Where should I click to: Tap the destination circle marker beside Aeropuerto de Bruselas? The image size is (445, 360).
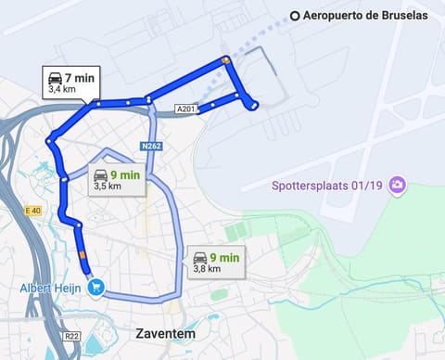(295, 15)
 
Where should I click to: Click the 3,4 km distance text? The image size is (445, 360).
(62, 90)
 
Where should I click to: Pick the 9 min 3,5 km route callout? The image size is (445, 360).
(117, 179)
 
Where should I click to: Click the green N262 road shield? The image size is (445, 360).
(152, 147)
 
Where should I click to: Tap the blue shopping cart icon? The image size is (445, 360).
(97, 287)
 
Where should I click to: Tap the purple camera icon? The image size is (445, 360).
(398, 186)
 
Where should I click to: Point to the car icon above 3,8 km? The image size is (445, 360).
(199, 257)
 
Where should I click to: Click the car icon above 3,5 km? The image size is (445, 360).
(100, 174)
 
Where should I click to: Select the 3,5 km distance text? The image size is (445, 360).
(108, 186)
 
